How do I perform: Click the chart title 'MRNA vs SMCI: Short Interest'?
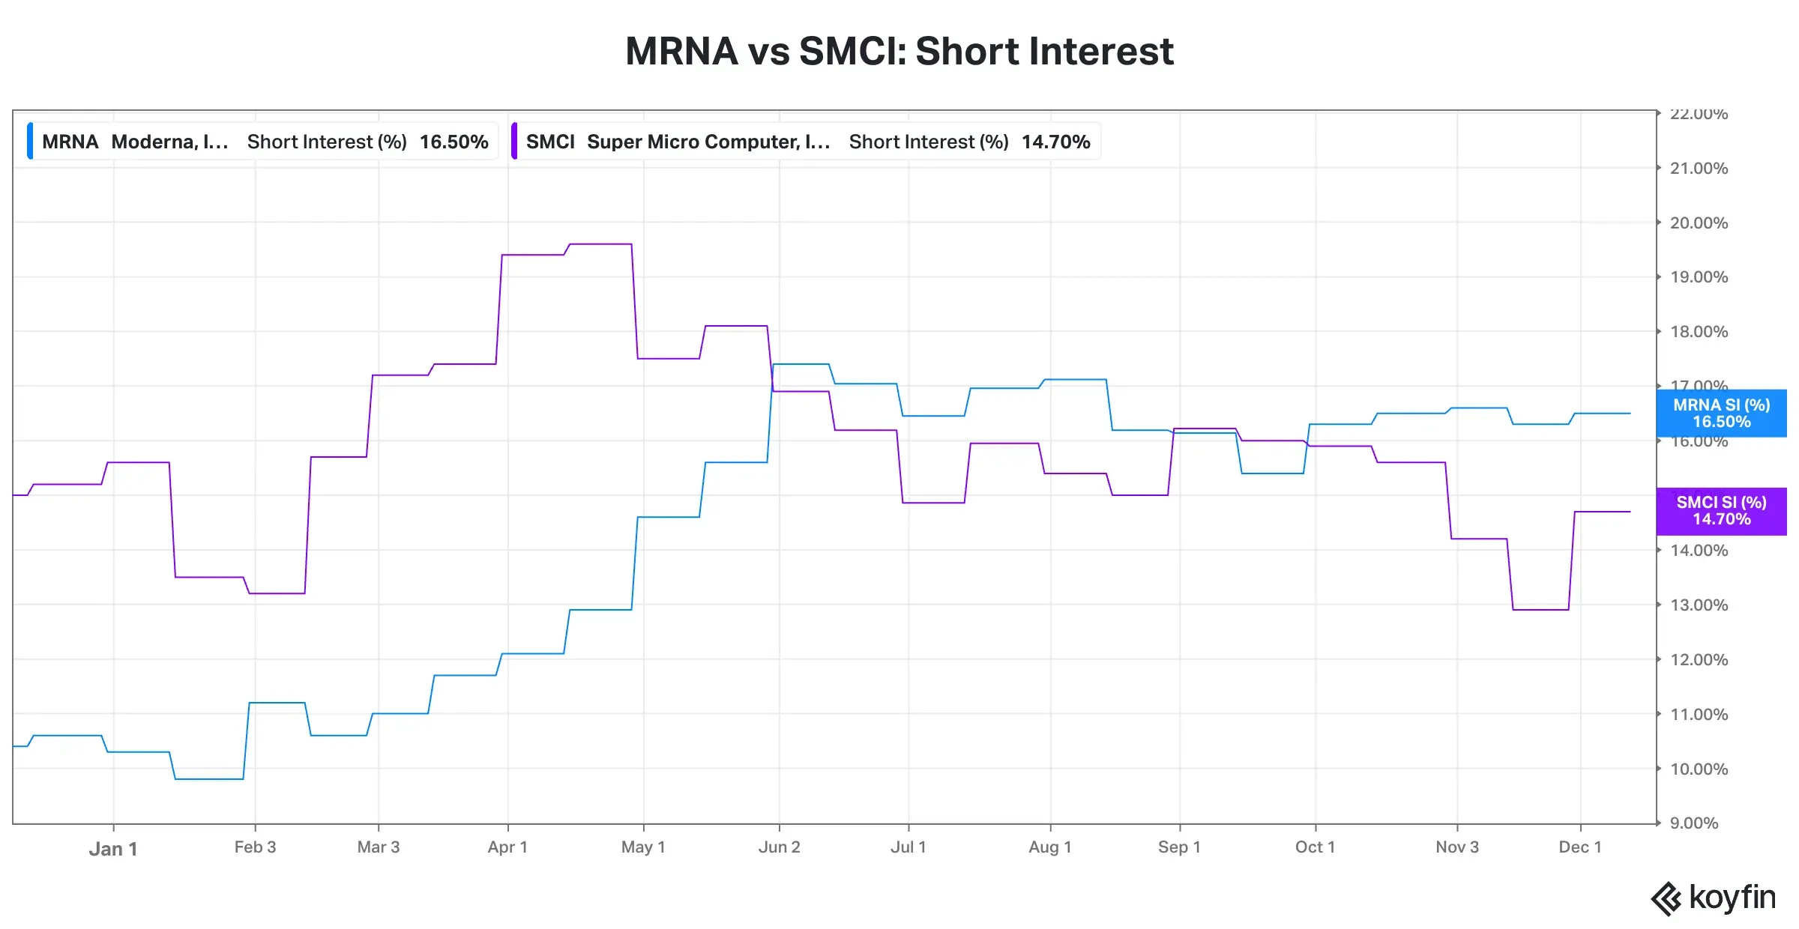(x=899, y=51)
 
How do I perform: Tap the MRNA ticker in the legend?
(x=70, y=142)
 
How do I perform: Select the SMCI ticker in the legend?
(x=549, y=142)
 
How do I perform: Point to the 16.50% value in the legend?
(x=453, y=142)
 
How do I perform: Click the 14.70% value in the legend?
(x=1055, y=142)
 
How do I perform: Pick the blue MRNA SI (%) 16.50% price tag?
(x=1721, y=413)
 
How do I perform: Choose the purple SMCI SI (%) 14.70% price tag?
(x=1721, y=511)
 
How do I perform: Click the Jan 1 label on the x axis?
(x=113, y=849)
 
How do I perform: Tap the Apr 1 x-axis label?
(x=507, y=847)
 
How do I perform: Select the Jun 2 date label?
(x=779, y=847)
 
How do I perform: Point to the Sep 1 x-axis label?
(x=1179, y=847)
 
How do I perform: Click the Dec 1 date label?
(x=1579, y=847)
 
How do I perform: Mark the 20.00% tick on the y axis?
(x=1699, y=223)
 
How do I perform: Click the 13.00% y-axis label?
(x=1699, y=605)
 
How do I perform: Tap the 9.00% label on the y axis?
(x=1694, y=823)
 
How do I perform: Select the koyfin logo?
(x=1714, y=898)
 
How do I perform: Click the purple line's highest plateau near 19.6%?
(x=600, y=244)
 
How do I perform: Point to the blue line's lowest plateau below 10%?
(x=209, y=779)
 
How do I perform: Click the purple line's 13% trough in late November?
(x=1540, y=610)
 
